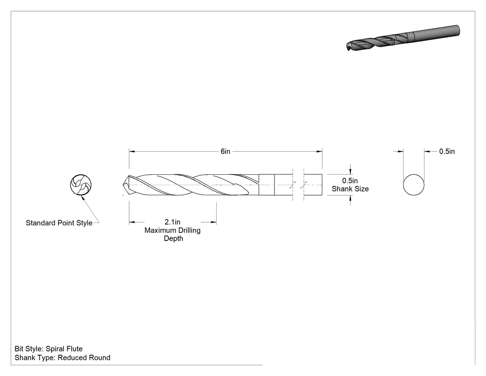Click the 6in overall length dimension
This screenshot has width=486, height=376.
[225, 152]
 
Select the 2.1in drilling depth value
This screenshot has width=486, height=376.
[172, 222]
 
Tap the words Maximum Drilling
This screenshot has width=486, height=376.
[172, 230]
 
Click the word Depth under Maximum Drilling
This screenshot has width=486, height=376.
[173, 238]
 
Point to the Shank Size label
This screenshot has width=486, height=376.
[350, 189]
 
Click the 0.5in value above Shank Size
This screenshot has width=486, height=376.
[350, 181]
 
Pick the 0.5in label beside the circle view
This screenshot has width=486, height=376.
[447, 152]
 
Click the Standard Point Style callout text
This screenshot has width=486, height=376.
[59, 223]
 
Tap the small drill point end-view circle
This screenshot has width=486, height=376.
[81, 185]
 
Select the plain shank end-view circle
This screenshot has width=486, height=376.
[413, 185]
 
